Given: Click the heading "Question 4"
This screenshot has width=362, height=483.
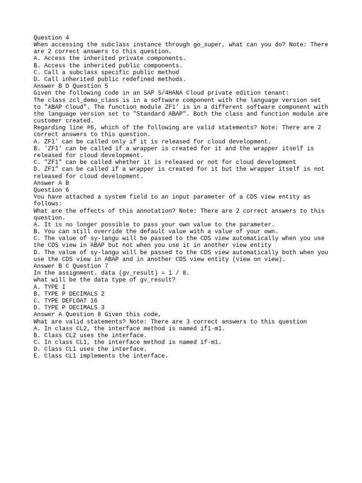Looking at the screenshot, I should coord(48,38).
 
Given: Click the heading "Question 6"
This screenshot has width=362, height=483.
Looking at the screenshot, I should coord(48,190).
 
